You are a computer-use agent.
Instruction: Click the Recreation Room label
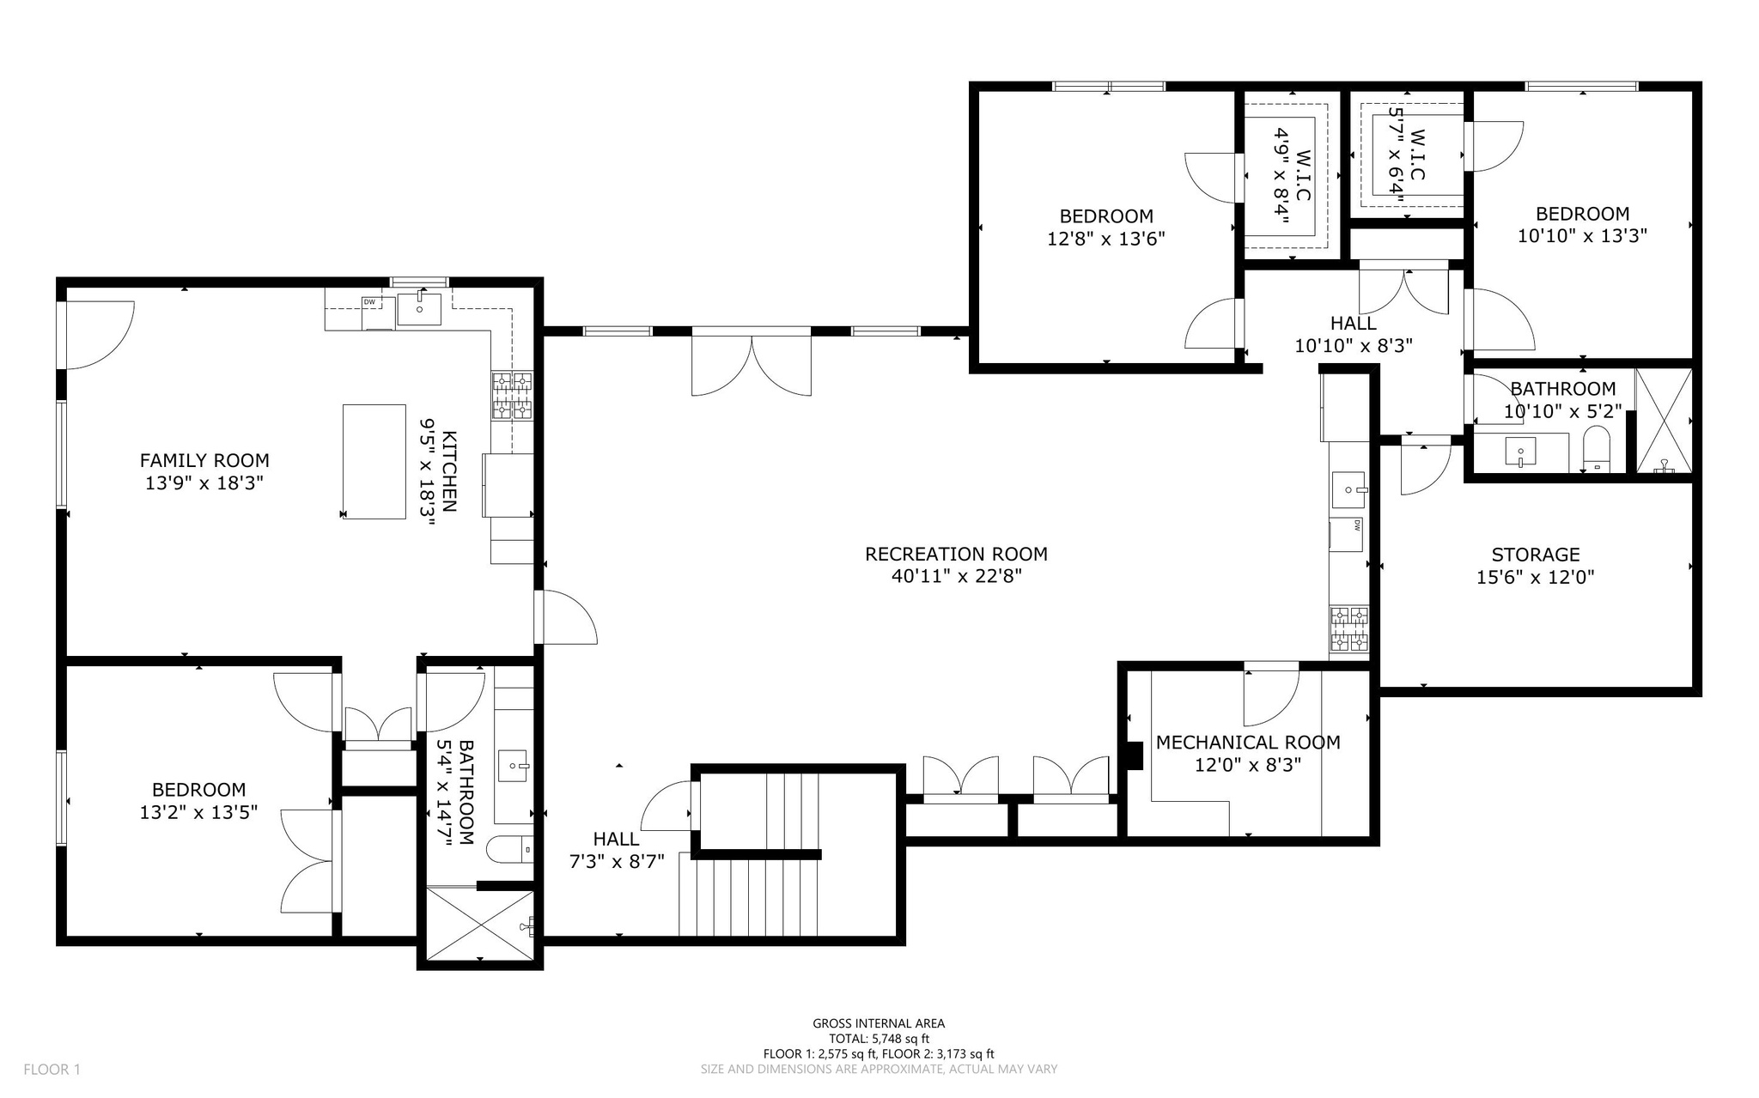956,555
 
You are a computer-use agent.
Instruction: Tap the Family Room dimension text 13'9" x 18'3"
204,483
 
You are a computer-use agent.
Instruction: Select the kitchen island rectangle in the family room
374,462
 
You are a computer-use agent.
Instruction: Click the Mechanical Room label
1248,743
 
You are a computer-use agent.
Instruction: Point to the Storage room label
1536,555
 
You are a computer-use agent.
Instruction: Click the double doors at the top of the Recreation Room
752,361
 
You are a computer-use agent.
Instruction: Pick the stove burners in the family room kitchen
512,396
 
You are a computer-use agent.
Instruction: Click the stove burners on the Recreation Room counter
1349,629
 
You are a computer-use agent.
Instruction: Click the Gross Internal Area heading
879,1023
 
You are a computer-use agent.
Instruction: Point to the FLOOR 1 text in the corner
52,1070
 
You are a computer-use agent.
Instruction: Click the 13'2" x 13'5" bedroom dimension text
198,811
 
